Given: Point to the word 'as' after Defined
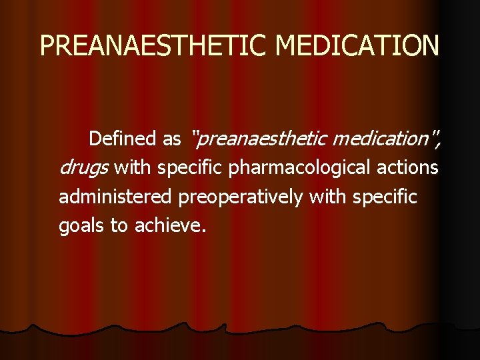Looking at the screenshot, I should pos(171,139).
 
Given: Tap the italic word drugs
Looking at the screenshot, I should pos(84,168).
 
